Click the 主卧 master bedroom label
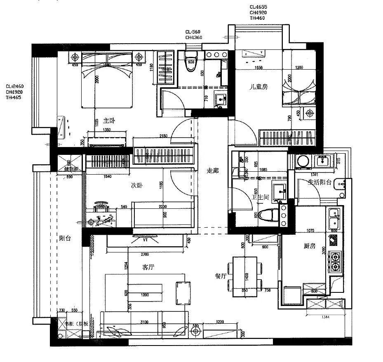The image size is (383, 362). coord(108,121)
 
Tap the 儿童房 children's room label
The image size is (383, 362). coord(259,87)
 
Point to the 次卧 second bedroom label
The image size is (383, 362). coord(136,186)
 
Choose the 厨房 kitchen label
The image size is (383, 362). coord(309,246)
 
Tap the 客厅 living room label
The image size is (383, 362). coord(148,268)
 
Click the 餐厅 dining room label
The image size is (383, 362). coord(221,276)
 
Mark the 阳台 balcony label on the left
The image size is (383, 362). coord(65,238)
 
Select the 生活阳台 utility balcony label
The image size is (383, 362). coord(320,182)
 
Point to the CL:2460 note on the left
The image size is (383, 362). coord(14,86)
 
